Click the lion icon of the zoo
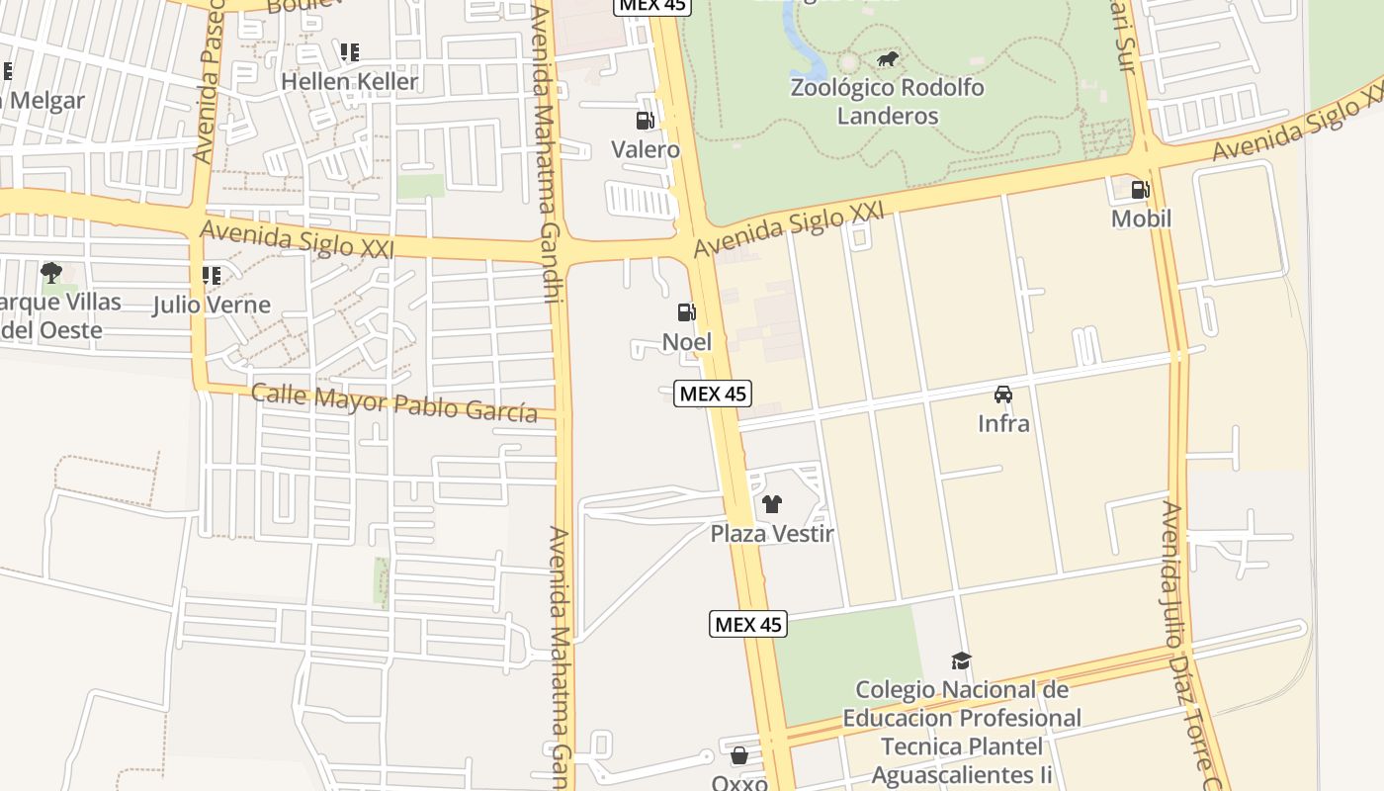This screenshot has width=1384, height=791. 889,60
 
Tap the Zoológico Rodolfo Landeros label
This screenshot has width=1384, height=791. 887,101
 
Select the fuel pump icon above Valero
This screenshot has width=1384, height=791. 645,121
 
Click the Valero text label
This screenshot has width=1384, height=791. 645,149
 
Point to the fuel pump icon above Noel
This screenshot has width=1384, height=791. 686,312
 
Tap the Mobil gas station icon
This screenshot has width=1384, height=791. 1140,189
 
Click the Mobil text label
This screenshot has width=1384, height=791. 1141,219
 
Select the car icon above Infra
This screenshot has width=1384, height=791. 1003,395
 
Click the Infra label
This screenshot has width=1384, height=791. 1003,423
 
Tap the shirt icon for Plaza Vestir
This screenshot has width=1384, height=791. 772,504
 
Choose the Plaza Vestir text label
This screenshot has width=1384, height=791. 772,534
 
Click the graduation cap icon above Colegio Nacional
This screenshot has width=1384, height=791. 961,660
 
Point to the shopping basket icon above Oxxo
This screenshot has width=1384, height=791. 739,756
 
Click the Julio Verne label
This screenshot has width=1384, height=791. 211,305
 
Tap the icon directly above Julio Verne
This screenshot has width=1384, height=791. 211,275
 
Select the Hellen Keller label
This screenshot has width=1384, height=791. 350,81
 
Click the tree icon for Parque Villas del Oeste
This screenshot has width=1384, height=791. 51,272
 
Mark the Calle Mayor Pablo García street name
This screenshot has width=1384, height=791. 394,402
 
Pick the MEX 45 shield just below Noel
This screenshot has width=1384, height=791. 713,394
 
